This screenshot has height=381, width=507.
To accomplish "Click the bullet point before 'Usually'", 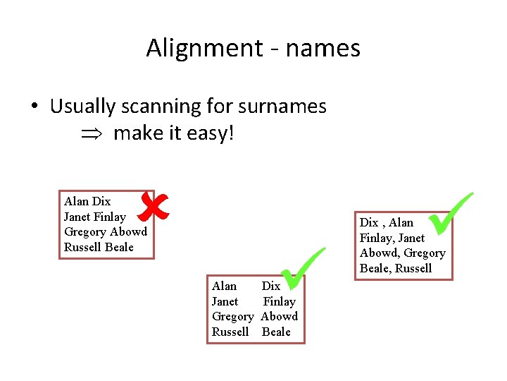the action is coord(34,107).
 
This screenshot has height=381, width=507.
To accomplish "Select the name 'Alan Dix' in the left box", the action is coord(87,201).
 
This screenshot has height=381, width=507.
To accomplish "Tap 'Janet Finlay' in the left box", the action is coord(94,217).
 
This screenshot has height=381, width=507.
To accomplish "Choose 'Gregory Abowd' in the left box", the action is coord(106,231).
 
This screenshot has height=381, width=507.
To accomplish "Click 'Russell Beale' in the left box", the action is coord(99,247).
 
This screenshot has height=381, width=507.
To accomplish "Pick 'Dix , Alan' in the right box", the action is coord(387,222).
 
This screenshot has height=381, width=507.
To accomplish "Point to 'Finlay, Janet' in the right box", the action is coord(392,238).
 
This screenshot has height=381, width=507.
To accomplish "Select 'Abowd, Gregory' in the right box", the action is coord(403,253).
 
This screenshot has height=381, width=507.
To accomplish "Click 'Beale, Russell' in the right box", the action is coord(396,268).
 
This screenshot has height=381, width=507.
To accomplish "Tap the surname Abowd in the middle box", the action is coord(280,316).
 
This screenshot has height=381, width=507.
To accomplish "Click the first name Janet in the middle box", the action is coord(225,301).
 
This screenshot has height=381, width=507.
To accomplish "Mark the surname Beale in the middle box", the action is coord(276,332).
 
